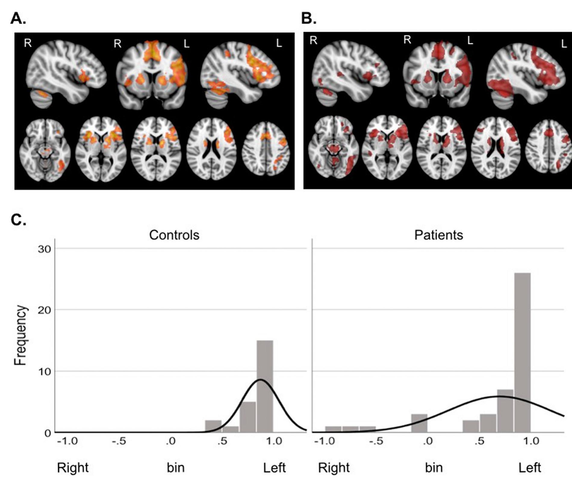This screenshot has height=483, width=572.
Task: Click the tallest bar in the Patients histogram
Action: tap(522, 353)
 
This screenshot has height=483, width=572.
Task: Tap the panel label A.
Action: tap(18, 19)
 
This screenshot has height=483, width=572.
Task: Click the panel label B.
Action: tap(309, 19)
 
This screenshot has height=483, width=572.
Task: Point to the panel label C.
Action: tap(18, 220)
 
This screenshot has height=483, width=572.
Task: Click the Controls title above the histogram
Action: tap(174, 235)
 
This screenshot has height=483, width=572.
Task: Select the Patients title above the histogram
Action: tap(438, 235)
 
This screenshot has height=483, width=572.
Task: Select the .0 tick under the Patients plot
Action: tap(427, 441)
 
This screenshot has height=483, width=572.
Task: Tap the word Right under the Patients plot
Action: tap(334, 468)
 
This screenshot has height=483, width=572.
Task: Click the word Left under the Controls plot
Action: tap(274, 468)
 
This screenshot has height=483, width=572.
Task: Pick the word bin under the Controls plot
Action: tap(176, 468)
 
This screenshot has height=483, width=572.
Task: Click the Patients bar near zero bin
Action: tap(419, 423)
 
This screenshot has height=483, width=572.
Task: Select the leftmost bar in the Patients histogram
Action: tap(333, 430)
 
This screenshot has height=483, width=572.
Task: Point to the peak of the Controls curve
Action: tap(260, 380)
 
